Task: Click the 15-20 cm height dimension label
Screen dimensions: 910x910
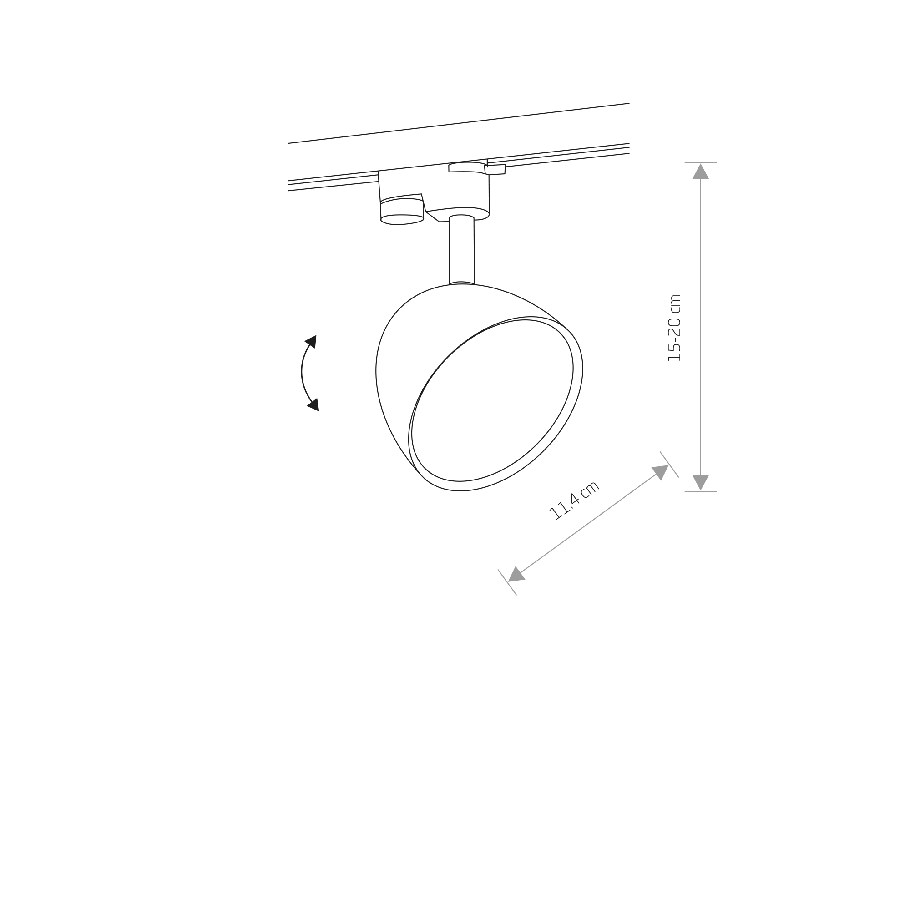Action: [674, 328]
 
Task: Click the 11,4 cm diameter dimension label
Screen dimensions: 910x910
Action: [575, 500]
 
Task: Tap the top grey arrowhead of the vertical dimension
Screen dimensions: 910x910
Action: [700, 172]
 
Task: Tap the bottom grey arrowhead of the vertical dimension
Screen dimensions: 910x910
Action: [700, 482]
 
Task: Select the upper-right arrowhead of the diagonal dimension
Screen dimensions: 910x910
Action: [661, 471]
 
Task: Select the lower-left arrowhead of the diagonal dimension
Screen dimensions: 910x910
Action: [516, 575]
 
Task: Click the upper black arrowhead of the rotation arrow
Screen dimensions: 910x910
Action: [311, 342]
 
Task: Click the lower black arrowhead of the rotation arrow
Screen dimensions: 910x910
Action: [313, 404]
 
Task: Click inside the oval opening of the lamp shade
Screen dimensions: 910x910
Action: [492, 400]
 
